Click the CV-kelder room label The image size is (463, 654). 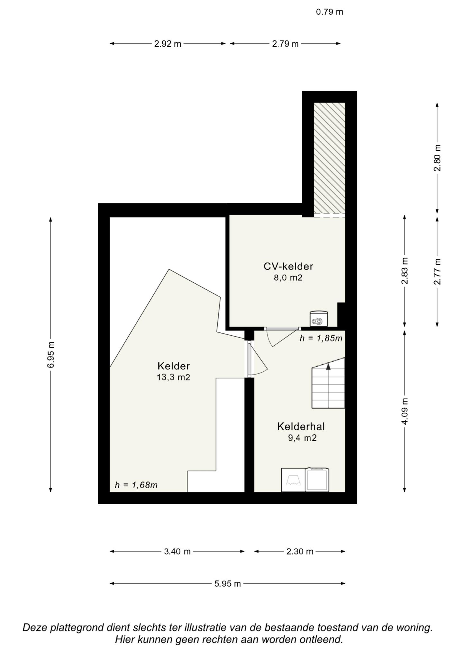point(288,266)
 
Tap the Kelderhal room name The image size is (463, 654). point(301,427)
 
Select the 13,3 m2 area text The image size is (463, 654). point(174,377)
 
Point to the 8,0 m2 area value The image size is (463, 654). point(288,278)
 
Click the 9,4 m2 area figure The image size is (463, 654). point(302,438)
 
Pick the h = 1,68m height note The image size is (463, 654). point(136,485)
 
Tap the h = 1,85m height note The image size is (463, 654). point(321,338)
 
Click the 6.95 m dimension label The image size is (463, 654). point(50,355)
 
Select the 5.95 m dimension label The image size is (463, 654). point(228,584)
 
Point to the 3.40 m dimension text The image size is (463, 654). point(177,552)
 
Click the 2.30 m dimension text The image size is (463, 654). point(300,552)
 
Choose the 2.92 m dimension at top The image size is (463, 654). point(168,44)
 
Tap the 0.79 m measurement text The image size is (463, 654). point(330,12)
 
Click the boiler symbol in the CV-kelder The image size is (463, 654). point(319,318)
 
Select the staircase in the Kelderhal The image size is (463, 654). point(328,383)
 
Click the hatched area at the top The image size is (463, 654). point(330,158)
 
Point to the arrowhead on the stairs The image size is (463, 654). point(328,367)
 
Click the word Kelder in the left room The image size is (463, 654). point(174,366)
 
